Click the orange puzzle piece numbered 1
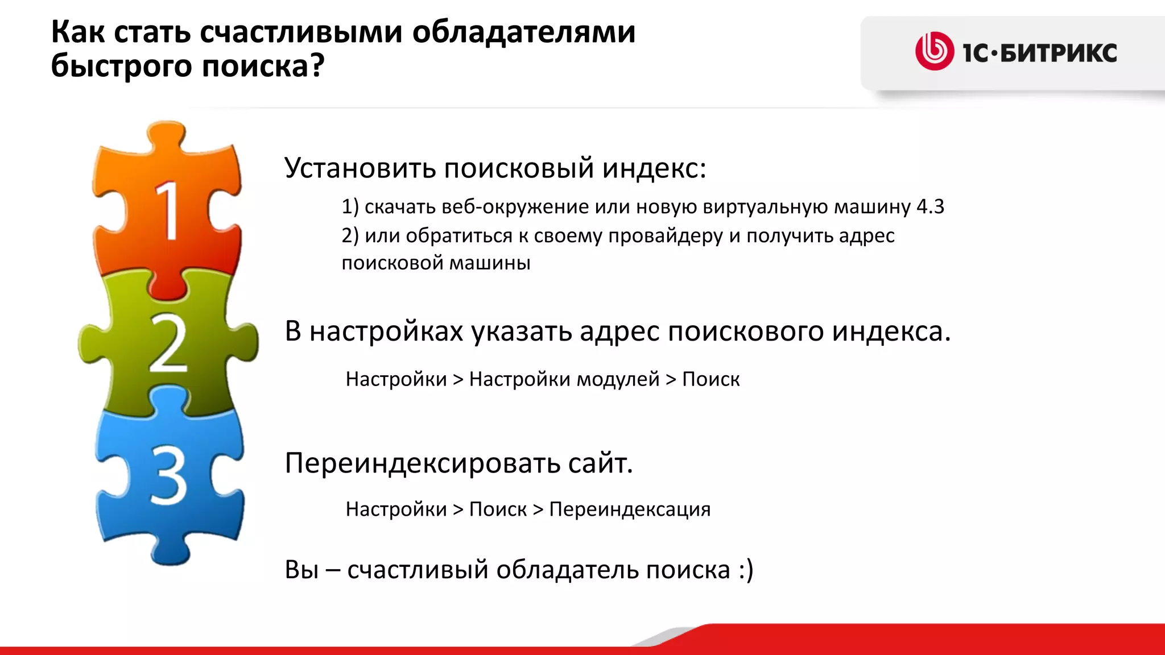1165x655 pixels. pyautogui.click(x=167, y=210)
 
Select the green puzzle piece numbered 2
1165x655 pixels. pyautogui.click(x=167, y=344)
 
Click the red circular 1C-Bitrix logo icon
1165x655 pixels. pyautogui.click(x=934, y=52)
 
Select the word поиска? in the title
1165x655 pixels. pyautogui.click(x=263, y=66)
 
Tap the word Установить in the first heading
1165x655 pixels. pyautogui.click(x=360, y=168)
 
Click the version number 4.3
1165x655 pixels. pyautogui.click(x=930, y=206)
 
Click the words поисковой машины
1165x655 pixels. pyautogui.click(x=436, y=263)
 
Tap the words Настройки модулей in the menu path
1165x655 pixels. pyautogui.click(x=564, y=379)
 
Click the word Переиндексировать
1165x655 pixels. pyautogui.click(x=422, y=463)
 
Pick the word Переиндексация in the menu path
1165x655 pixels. pyautogui.click(x=630, y=509)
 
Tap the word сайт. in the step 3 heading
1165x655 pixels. pyautogui.click(x=600, y=463)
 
